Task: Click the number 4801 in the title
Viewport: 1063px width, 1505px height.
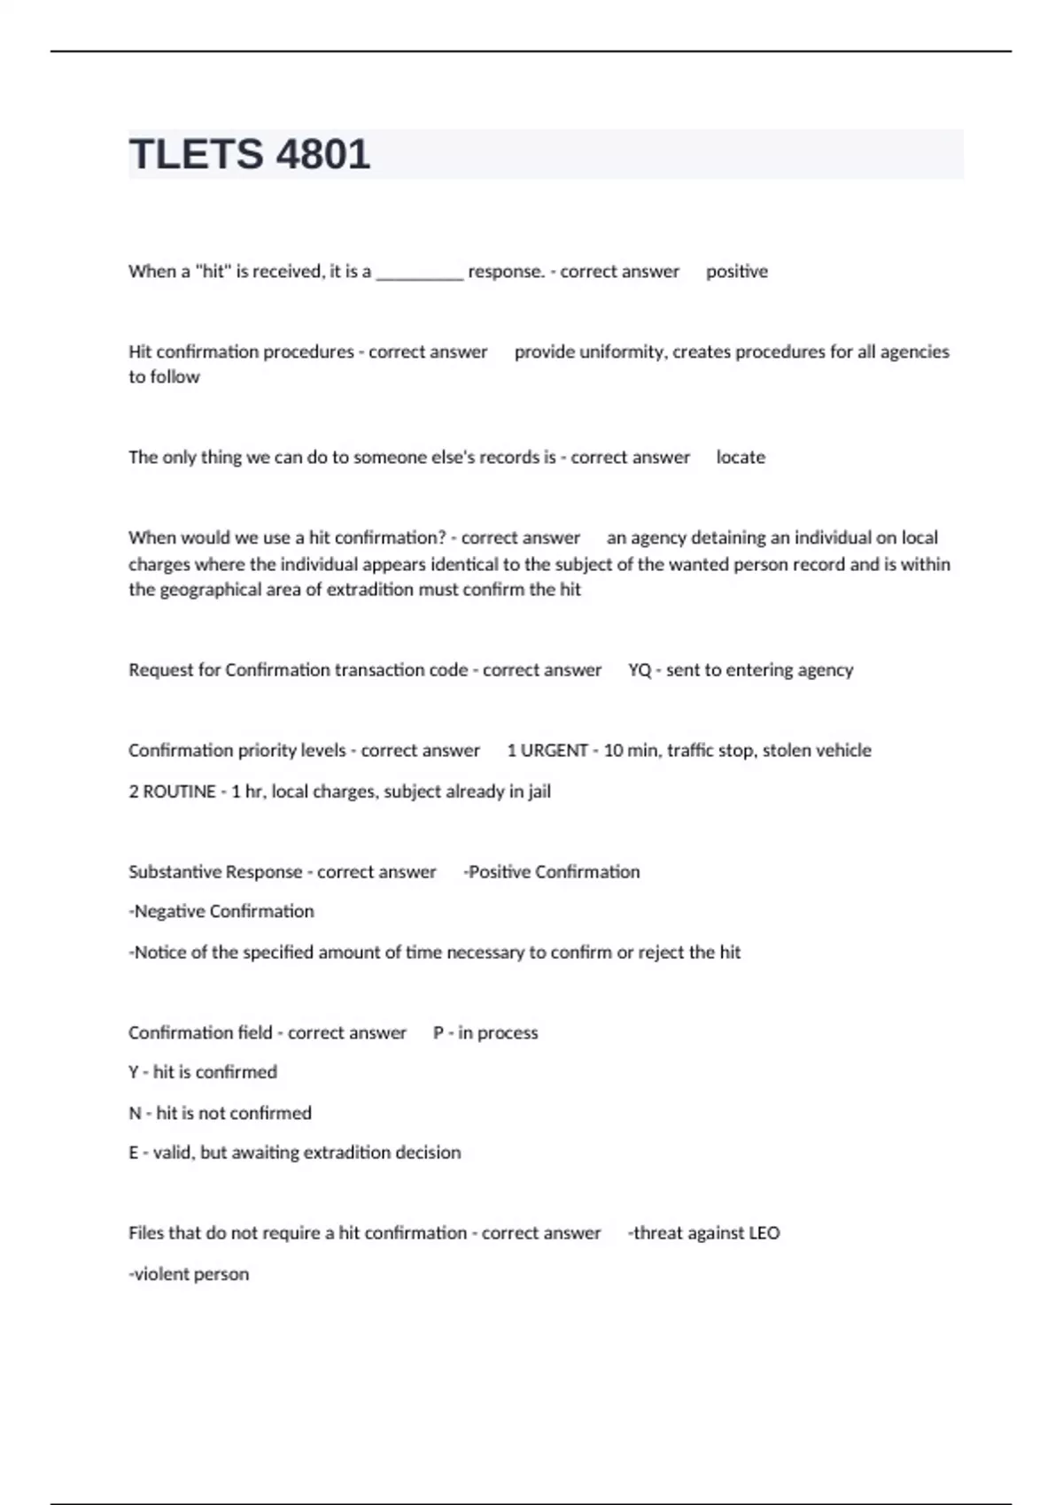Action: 323,154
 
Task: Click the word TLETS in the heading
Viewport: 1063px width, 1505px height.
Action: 196,154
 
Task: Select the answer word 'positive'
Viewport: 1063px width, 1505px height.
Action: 736,272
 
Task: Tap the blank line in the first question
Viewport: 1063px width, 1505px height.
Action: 419,274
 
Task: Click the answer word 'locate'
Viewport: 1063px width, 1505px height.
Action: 741,458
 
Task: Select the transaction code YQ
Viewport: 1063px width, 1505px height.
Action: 639,670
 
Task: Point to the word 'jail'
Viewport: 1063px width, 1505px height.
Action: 539,791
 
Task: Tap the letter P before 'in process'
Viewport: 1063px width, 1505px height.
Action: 438,1033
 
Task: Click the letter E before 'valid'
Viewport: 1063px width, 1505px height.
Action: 134,1153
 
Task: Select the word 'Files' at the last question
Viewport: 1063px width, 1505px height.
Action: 146,1233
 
